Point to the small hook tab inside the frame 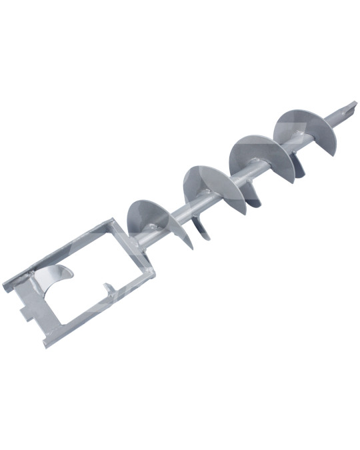pyautogui.click(x=107, y=289)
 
